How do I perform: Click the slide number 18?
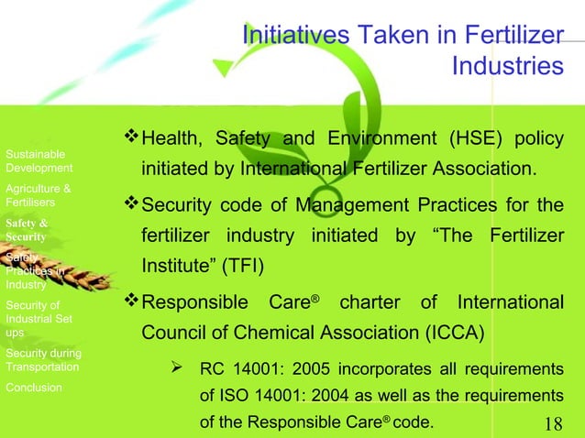553,423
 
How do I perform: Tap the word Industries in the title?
507,67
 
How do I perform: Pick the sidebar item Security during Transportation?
43,360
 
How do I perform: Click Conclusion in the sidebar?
34,388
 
